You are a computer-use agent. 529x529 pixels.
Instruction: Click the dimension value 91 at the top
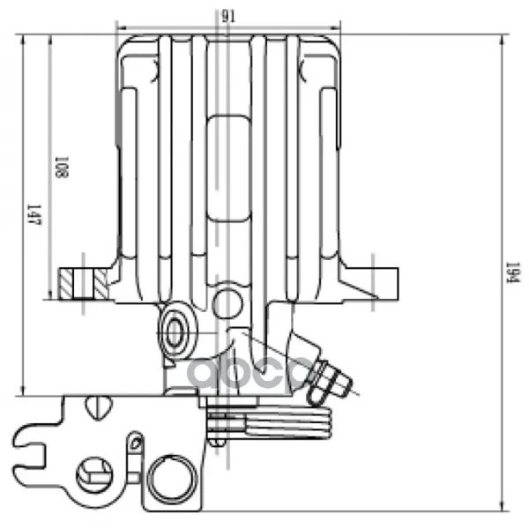[x=228, y=16]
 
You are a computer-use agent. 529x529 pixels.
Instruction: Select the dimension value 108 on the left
[x=62, y=167]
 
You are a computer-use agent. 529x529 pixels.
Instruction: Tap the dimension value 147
[x=34, y=214]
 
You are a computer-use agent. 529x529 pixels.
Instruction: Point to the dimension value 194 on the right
[x=513, y=273]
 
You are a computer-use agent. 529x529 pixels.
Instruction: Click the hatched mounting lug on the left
[x=84, y=283]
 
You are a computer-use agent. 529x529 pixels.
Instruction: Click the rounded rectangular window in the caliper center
[x=228, y=168]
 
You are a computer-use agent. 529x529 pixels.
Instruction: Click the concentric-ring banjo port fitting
[x=175, y=332]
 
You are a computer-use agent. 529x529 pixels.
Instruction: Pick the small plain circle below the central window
[x=227, y=303]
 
